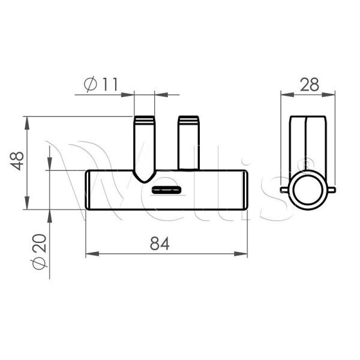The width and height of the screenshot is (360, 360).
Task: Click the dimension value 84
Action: point(160,244)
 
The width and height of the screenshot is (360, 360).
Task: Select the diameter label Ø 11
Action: point(100,85)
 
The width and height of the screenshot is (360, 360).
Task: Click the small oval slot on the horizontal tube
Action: point(166,190)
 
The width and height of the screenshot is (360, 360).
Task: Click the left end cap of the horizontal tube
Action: point(89,190)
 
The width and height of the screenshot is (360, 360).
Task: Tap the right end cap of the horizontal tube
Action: point(245,190)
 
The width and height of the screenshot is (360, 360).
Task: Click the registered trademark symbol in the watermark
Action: point(304,162)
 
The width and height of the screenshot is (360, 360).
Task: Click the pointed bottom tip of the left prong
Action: point(144,180)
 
